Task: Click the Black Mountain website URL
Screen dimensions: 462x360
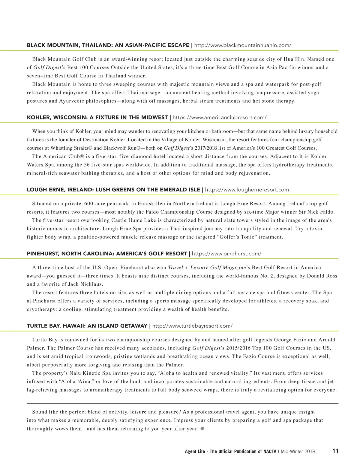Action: point(243,45)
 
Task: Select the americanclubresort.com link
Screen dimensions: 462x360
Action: point(220,117)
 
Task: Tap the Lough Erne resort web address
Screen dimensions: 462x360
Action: point(247,190)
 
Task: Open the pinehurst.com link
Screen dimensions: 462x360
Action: point(226,254)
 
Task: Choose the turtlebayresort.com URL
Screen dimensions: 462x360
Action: point(192,326)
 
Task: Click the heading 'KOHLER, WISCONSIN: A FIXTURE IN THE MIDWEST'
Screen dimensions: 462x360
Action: point(97,117)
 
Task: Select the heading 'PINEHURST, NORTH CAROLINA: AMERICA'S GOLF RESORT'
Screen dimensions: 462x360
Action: point(107,254)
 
